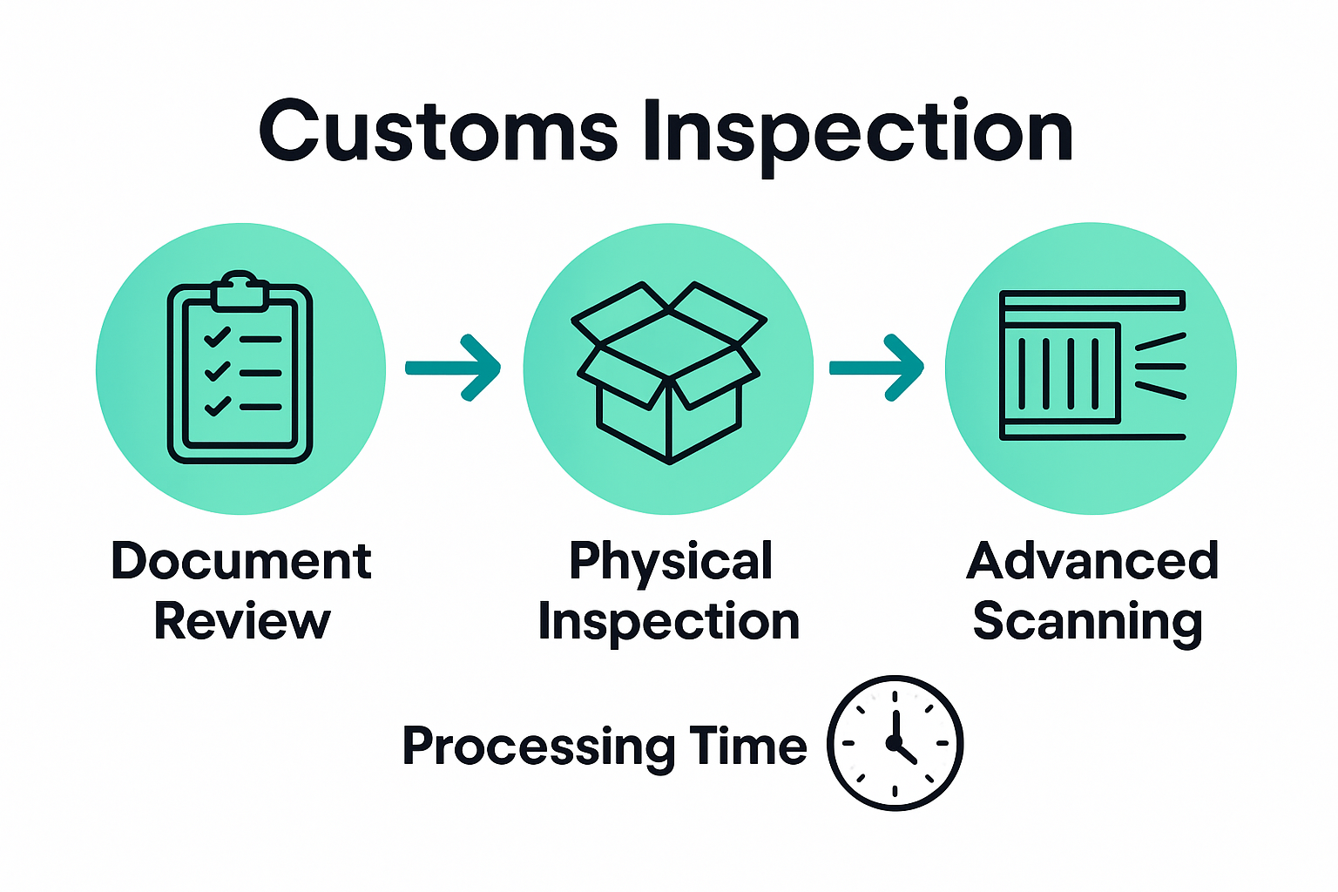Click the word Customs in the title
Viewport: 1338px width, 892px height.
pyautogui.click(x=438, y=132)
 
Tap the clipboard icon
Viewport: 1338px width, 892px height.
pyautogui.click(x=240, y=370)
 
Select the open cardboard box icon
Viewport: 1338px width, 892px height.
pyautogui.click(x=668, y=371)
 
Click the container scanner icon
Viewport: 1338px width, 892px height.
pyautogui.click(x=1092, y=366)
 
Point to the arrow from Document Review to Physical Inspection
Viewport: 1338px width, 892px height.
pyautogui.click(x=454, y=368)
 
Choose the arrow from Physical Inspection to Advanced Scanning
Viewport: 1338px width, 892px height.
pyautogui.click(x=876, y=368)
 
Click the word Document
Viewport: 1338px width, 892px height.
pyautogui.click(x=241, y=561)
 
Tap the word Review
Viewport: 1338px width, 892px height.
pyautogui.click(x=242, y=622)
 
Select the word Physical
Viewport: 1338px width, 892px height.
pyautogui.click(x=670, y=563)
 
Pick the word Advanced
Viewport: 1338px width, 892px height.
pyautogui.click(x=1092, y=561)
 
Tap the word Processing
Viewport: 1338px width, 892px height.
pyautogui.click(x=538, y=747)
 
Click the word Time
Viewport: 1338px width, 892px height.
pyautogui.click(x=748, y=746)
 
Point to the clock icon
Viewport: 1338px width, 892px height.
pyautogui.click(x=895, y=743)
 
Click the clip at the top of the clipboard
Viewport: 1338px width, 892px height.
pyautogui.click(x=240, y=291)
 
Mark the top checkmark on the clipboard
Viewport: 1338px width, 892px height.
pyautogui.click(x=216, y=337)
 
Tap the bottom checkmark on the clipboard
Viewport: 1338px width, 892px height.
pyautogui.click(x=216, y=406)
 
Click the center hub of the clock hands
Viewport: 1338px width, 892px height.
pyautogui.click(x=894, y=743)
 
